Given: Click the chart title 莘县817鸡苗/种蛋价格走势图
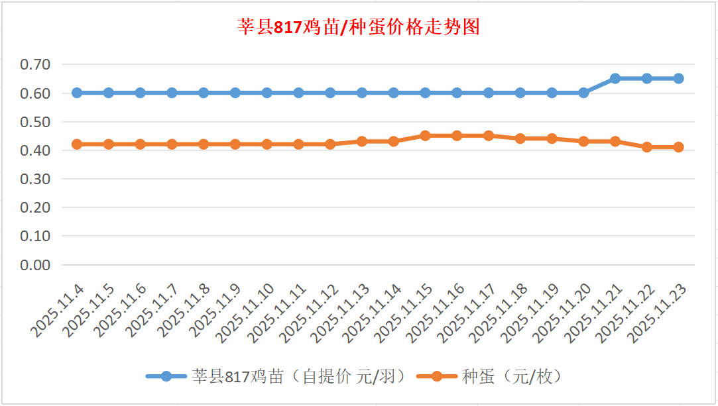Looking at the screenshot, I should (359, 27).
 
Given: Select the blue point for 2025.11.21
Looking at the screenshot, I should (615, 78).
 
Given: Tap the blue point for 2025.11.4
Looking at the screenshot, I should (77, 93).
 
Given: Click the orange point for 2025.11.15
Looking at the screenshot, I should (425, 136).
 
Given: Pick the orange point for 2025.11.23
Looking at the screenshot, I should (678, 147).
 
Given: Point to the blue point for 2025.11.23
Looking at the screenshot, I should (678, 78).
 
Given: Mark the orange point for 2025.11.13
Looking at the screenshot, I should (362, 141).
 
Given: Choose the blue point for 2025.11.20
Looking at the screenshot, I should (583, 93).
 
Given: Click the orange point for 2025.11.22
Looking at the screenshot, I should (646, 147).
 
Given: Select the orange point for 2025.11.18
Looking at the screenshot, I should (520, 138).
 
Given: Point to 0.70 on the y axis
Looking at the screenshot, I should (35, 65).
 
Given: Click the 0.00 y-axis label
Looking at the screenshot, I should (35, 265).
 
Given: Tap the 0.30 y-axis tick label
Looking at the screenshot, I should (35, 179).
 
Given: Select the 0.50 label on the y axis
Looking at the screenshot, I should (35, 122).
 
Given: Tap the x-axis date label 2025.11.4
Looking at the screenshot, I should (58, 311).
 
